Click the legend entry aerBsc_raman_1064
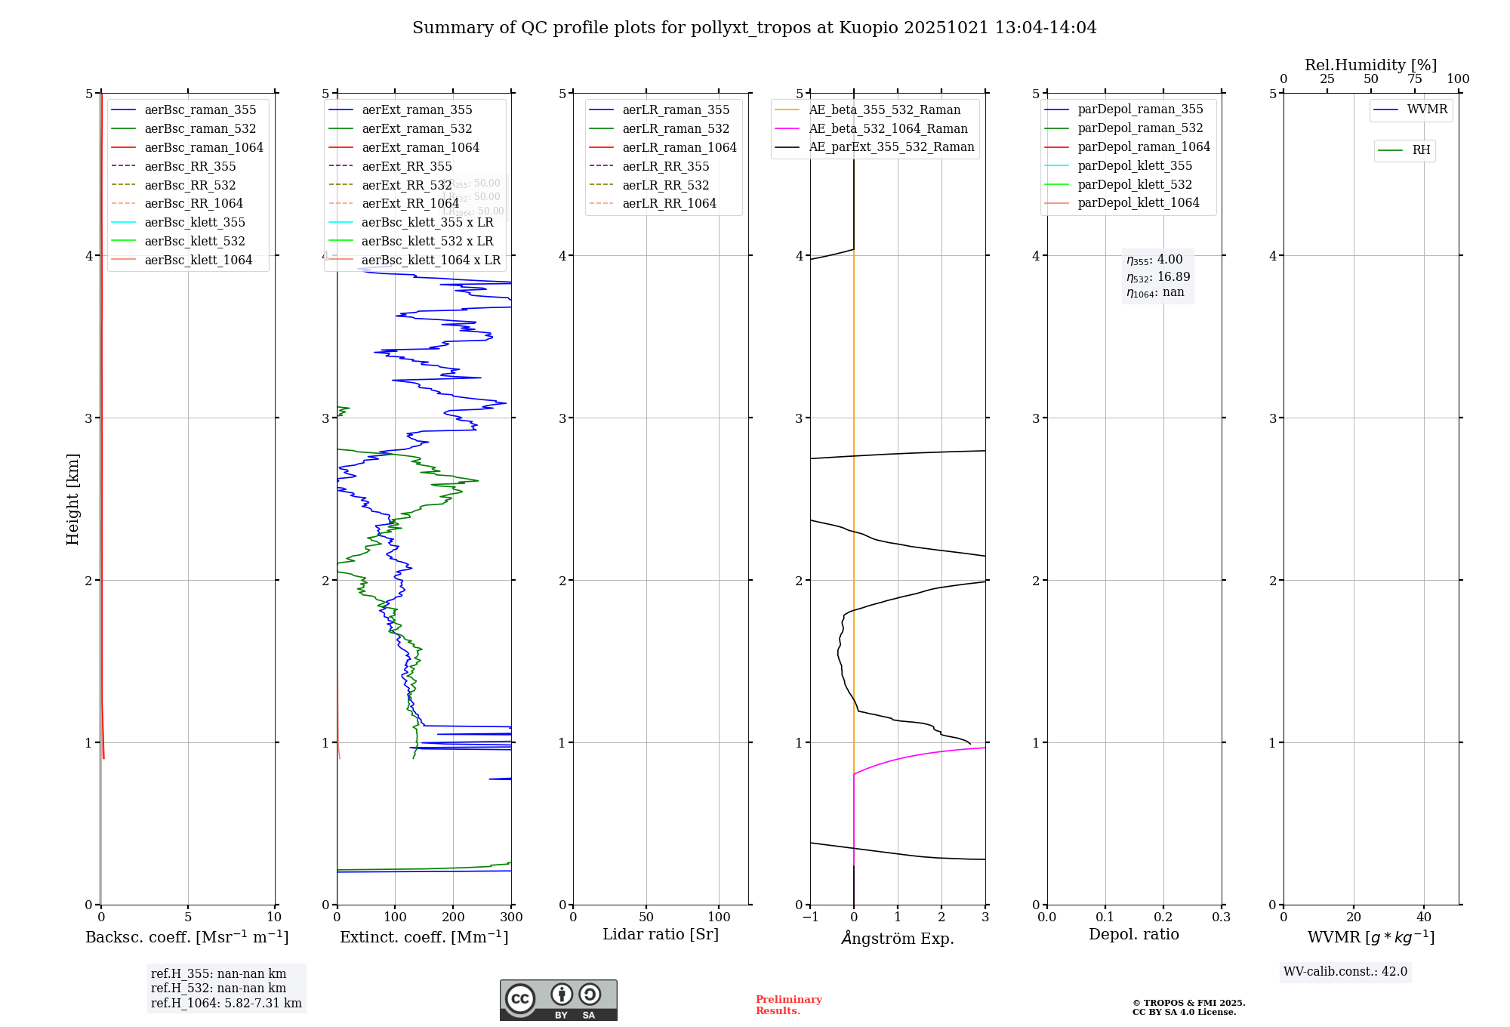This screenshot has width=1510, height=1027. (204, 147)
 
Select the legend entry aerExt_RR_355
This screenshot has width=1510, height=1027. (407, 166)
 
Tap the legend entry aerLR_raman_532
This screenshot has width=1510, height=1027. (676, 128)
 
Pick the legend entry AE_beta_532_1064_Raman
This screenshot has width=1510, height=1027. (888, 128)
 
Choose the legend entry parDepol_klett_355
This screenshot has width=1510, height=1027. (1135, 165)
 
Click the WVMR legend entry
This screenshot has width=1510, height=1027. (1427, 109)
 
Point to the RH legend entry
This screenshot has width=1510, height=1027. (1421, 150)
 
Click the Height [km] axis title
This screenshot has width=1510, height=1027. (72, 498)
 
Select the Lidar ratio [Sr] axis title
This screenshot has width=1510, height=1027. (661, 934)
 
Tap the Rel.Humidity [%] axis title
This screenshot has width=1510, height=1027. (1370, 65)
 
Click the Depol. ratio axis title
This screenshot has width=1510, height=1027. (1133, 934)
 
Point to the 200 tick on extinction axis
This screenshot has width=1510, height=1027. (453, 917)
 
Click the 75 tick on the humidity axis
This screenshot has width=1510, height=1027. (1414, 79)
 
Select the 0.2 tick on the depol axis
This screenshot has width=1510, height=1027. (1163, 917)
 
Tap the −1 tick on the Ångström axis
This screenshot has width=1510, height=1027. (810, 917)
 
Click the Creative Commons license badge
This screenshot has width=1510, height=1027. (558, 1000)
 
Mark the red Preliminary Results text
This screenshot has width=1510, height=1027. (788, 1005)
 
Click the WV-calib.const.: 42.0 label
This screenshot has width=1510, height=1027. (1345, 971)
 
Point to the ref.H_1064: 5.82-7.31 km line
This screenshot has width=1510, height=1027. (226, 1004)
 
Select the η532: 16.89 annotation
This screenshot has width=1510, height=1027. (1157, 277)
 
